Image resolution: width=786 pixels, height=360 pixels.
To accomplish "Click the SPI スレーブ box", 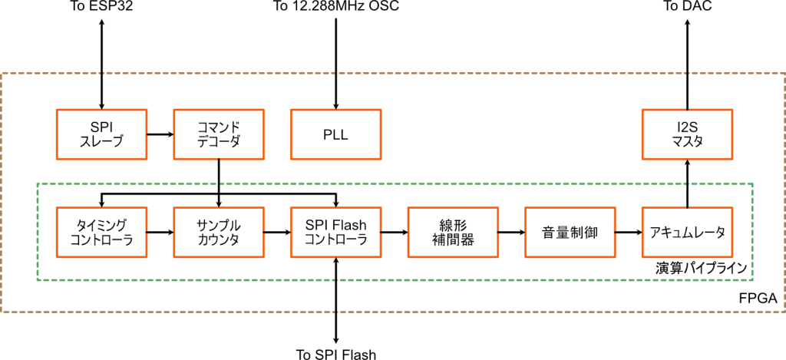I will (x=101, y=134).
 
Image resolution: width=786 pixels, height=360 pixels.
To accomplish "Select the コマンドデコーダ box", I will (x=219, y=134).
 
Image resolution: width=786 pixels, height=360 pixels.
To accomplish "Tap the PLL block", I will (x=335, y=134).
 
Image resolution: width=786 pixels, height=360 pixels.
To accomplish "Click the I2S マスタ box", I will (x=686, y=134).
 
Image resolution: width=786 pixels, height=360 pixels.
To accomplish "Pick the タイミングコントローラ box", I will (x=101, y=232).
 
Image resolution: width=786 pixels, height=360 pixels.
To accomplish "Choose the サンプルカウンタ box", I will (x=219, y=232).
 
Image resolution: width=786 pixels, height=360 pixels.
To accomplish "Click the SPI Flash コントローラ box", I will (x=335, y=232).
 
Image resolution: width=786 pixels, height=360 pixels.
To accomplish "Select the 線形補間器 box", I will (x=452, y=232).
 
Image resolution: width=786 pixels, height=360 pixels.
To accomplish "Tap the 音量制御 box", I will (x=570, y=232).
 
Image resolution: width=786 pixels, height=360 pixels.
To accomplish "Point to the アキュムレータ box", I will (x=686, y=232).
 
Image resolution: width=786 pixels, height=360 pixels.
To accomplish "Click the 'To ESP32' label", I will (x=101, y=7).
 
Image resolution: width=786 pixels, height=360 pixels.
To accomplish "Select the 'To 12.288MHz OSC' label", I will (x=335, y=7).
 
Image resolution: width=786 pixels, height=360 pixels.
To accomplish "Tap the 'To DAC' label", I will (x=686, y=7).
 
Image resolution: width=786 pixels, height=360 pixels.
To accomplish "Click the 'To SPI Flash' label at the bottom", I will (x=335, y=353).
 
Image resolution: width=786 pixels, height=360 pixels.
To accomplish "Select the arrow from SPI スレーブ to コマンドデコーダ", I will (x=160, y=134).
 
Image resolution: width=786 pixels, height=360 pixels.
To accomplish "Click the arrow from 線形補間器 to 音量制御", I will (x=510, y=232).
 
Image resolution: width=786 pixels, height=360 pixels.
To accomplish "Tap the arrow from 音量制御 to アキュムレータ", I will (x=628, y=232).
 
